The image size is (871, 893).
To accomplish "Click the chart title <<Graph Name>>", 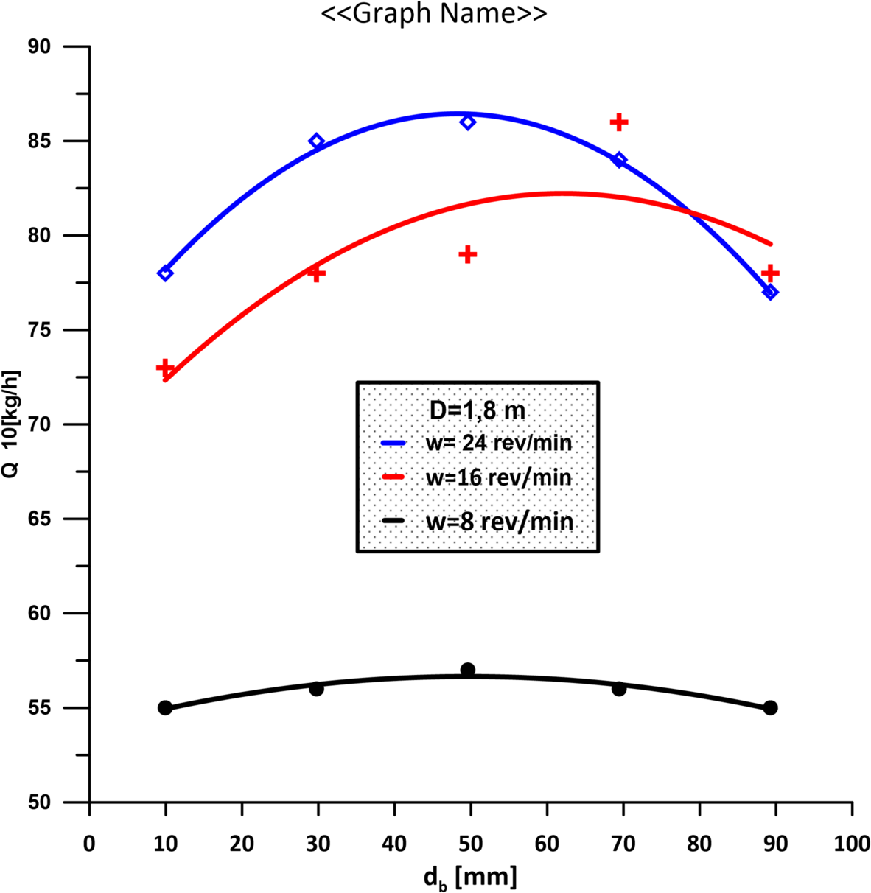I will pos(434,14).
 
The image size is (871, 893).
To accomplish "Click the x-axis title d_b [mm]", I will pos(469,877).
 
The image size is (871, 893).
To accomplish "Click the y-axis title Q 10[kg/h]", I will pos(11,424).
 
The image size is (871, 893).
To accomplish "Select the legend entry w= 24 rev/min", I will pos(499,443).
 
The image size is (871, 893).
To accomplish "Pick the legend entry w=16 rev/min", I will pos(499,477).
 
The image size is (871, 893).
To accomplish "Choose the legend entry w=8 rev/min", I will pos(499,522).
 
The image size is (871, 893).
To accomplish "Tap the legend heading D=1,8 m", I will pos(478,410).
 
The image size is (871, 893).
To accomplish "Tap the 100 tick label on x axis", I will pos(852,844).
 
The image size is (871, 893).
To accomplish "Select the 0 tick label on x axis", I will pos(89,844).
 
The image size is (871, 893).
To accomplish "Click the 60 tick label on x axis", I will pos(547,844).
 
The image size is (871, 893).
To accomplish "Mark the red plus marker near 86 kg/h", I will pos(619,122).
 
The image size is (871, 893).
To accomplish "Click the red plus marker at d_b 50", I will pos(467,254).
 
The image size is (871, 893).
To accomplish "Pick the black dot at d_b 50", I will pos(467,670).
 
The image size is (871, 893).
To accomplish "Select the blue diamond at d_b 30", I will pos(316,141).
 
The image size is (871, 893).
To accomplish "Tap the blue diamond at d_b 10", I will pos(165,273).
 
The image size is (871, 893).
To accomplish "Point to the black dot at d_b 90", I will pos(770,707).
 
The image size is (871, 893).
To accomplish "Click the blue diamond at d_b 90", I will pos(770,293).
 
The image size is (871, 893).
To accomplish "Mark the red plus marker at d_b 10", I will pos(165,367).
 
